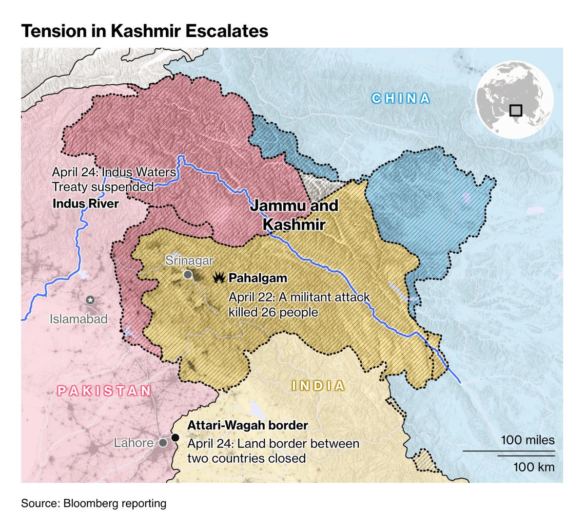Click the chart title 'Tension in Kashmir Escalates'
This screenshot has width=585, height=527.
tap(144, 31)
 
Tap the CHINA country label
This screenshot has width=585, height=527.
tap(401, 98)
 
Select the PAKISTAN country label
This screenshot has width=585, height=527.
tap(104, 391)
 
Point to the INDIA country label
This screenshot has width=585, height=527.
tap(318, 386)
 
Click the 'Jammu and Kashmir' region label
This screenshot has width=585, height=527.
tap(294, 215)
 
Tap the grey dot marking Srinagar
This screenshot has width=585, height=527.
tap(188, 275)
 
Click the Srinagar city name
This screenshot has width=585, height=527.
tap(189, 261)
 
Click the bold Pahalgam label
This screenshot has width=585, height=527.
tap(258, 278)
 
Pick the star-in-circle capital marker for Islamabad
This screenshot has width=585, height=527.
tap(90, 300)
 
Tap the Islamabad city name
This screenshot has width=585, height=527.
tap(78, 319)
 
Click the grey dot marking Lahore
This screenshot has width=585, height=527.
tap(163, 443)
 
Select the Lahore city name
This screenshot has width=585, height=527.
tap(134, 443)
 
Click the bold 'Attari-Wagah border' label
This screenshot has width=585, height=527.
tap(248, 425)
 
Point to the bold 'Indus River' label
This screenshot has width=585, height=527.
tap(85, 203)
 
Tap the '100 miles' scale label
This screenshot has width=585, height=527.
tap(527, 440)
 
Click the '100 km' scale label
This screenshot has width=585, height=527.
tap(534, 467)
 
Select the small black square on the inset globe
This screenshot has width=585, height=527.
tap(515, 110)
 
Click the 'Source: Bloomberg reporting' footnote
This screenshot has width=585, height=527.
tap(94, 503)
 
